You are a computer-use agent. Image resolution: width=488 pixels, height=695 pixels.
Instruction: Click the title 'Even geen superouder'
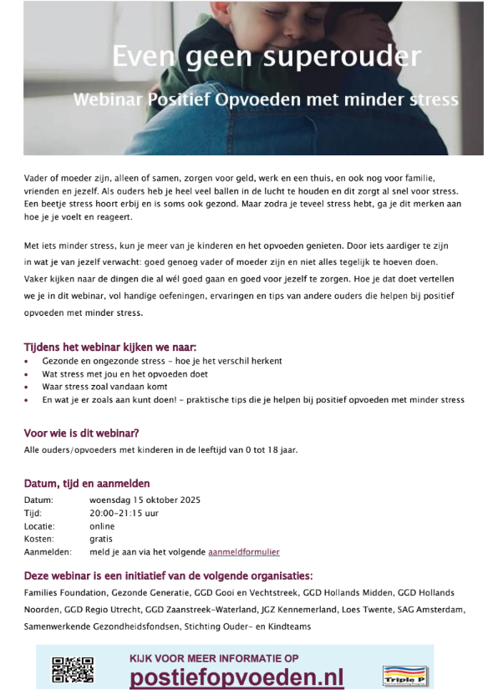click(x=267, y=58)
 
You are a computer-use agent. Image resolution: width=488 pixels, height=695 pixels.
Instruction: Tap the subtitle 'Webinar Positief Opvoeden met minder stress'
click(x=266, y=99)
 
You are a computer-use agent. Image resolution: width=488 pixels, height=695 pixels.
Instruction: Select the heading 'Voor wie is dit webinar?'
click(x=81, y=433)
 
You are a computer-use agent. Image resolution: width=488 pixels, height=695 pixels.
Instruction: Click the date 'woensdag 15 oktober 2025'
click(x=145, y=500)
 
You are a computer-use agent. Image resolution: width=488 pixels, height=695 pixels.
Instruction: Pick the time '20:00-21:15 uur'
click(x=123, y=513)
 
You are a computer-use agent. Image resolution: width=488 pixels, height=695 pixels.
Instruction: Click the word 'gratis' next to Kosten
click(x=101, y=539)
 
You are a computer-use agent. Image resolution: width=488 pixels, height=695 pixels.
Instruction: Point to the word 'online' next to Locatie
click(x=102, y=526)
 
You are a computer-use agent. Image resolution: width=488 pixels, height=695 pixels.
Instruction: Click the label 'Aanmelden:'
click(x=48, y=551)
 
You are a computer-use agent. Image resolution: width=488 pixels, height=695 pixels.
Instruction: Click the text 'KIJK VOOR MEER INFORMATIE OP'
click(x=214, y=657)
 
